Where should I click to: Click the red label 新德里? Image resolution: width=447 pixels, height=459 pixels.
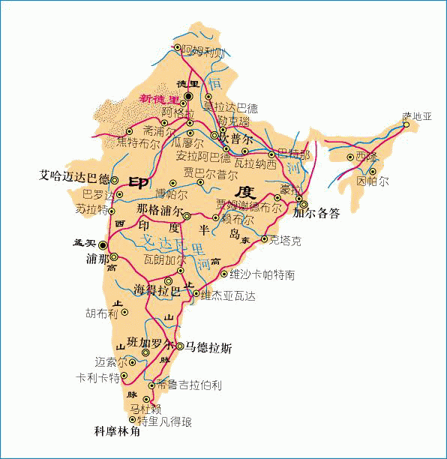[x=159, y=99]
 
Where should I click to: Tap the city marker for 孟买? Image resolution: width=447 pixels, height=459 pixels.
[x=103, y=244]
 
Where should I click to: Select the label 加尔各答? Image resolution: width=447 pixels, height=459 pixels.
[x=316, y=213]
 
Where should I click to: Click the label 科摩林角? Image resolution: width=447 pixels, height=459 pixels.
[x=117, y=432]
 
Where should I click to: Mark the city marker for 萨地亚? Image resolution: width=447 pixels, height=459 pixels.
[x=406, y=125]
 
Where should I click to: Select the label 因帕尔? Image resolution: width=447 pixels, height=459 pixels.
[x=373, y=182]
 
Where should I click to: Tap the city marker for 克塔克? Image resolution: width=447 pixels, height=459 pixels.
[x=264, y=239]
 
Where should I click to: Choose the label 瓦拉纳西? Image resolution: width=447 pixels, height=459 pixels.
[x=255, y=163]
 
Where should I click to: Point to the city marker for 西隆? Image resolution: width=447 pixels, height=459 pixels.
[x=350, y=157]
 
